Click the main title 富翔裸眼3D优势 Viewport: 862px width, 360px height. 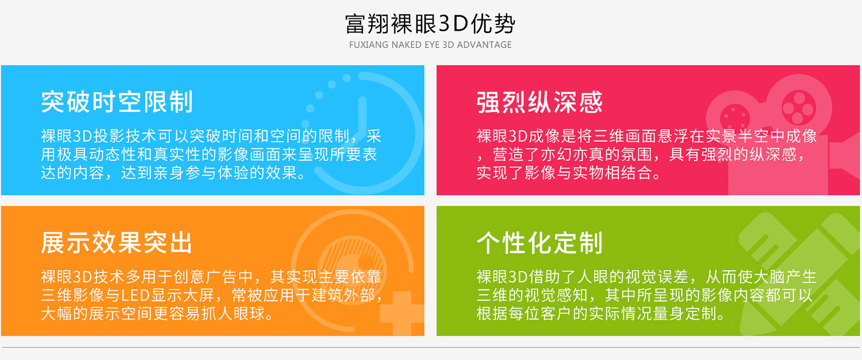click(430, 24)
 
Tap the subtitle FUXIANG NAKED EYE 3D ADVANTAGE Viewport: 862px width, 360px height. click(430, 45)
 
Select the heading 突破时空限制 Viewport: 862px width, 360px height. click(117, 102)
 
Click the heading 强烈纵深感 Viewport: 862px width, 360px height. click(539, 102)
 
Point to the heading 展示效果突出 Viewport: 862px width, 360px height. click(117, 243)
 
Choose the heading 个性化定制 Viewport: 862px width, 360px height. click(539, 243)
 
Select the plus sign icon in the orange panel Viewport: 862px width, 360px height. click(402, 313)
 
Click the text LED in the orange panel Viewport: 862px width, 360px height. click(135, 295)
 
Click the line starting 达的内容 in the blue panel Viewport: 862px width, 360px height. click(174, 173)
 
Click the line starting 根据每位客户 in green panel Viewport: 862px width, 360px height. click(600, 313)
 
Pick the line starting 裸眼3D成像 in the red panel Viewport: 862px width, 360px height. click(646, 136)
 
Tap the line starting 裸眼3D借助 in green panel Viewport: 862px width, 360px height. click(646, 277)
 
